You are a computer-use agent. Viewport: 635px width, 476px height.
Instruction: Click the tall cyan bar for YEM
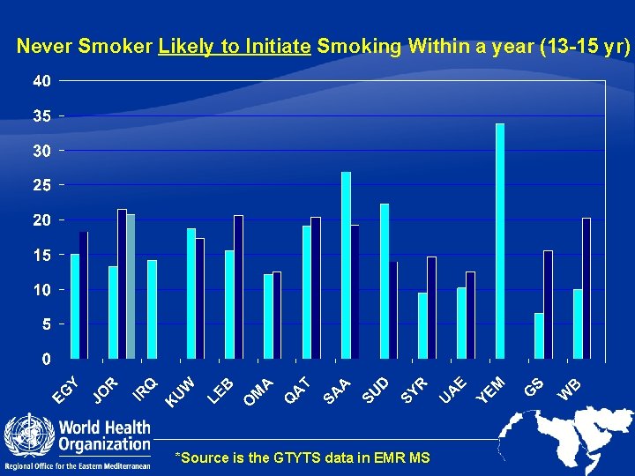pyautogui.click(x=500, y=241)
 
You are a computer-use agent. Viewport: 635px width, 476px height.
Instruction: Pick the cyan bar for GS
pyautogui.click(x=539, y=336)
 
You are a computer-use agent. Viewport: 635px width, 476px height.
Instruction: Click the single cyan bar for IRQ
pyautogui.click(x=152, y=309)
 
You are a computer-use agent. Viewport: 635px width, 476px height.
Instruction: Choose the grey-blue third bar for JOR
pyautogui.click(x=131, y=286)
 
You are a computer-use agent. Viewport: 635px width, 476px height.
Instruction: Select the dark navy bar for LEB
pyautogui.click(x=238, y=286)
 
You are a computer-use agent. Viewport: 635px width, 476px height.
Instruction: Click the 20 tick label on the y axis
pyautogui.click(x=41, y=220)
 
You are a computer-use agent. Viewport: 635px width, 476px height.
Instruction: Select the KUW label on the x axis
pyautogui.click(x=180, y=391)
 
